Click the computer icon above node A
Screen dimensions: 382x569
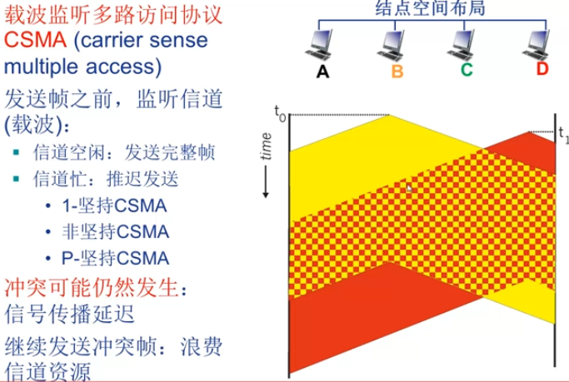pos(323,42)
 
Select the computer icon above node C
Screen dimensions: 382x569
pos(467,42)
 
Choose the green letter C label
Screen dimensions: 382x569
pos(467,70)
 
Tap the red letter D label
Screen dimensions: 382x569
pos(542,69)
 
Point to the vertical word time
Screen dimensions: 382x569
pos(267,149)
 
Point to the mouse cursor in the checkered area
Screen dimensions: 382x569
pos(409,189)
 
